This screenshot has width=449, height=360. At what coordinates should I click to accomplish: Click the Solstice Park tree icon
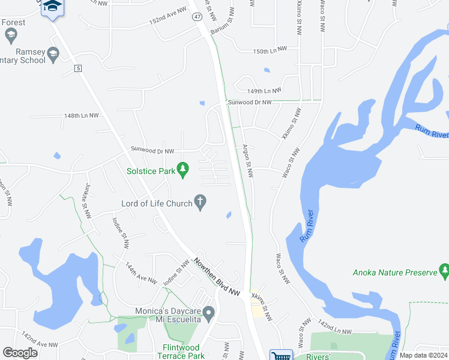tap(184, 170)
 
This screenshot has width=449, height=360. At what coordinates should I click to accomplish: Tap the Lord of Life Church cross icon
tap(201, 203)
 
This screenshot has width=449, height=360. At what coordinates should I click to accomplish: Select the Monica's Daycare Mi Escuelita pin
tap(209, 313)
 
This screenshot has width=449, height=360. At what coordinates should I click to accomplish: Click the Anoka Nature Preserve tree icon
tap(444, 272)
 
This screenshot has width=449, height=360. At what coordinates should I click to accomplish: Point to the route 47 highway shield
tap(197, 17)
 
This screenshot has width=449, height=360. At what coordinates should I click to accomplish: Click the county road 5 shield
tap(78, 69)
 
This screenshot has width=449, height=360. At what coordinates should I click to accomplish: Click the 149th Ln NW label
tap(264, 91)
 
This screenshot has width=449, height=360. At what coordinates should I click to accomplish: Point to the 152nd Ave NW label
tap(168, 19)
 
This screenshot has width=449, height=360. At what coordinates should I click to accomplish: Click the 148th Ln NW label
tap(81, 115)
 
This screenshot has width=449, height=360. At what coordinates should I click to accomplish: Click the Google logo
tap(20, 353)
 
